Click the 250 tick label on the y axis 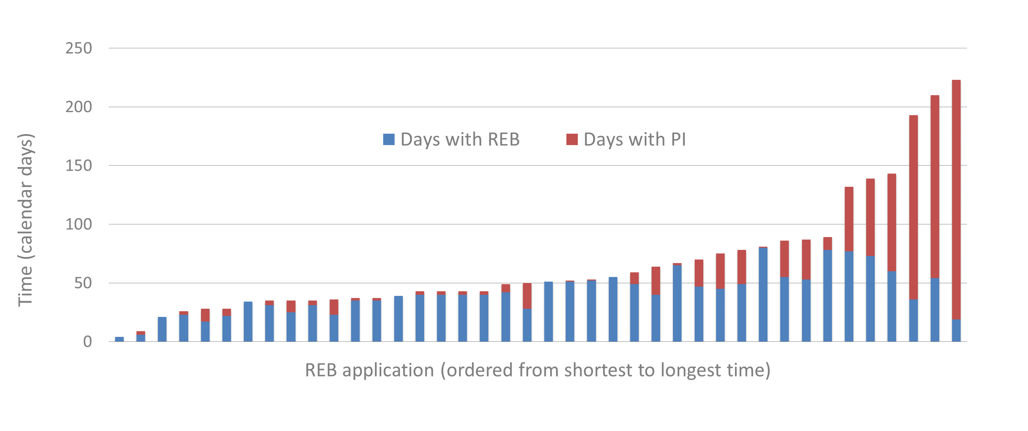coord(79,48)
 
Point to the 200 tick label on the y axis coord(79,107)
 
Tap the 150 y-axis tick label coord(79,166)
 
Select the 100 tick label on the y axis coord(79,224)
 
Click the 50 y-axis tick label coord(83,283)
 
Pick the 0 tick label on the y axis coord(87,342)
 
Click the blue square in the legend coord(389,139)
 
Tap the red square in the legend coord(572,139)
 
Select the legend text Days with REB coord(460,139)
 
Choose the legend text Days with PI coord(634,139)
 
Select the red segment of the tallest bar coord(956,200)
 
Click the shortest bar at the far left coord(119,339)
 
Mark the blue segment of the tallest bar coord(956,330)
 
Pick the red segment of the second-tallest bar coord(935,187)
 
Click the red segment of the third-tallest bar coord(914,207)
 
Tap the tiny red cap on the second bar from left coord(141,333)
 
